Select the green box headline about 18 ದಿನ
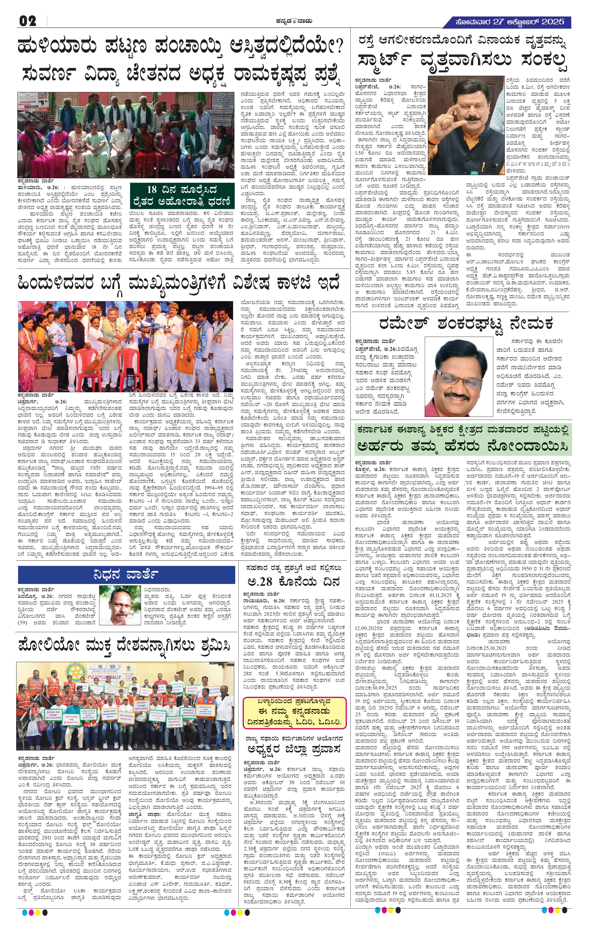182,196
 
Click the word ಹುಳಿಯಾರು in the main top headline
57,47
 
